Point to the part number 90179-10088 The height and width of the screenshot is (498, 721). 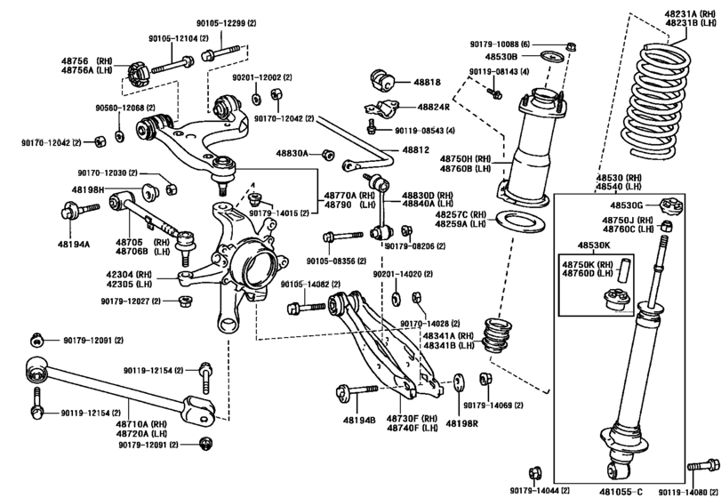500,44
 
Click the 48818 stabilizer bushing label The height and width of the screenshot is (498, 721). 427,82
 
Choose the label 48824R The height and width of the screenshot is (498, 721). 431,108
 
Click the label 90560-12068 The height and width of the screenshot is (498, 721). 122,108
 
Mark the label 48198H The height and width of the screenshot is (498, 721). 88,189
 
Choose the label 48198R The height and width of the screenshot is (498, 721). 462,423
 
